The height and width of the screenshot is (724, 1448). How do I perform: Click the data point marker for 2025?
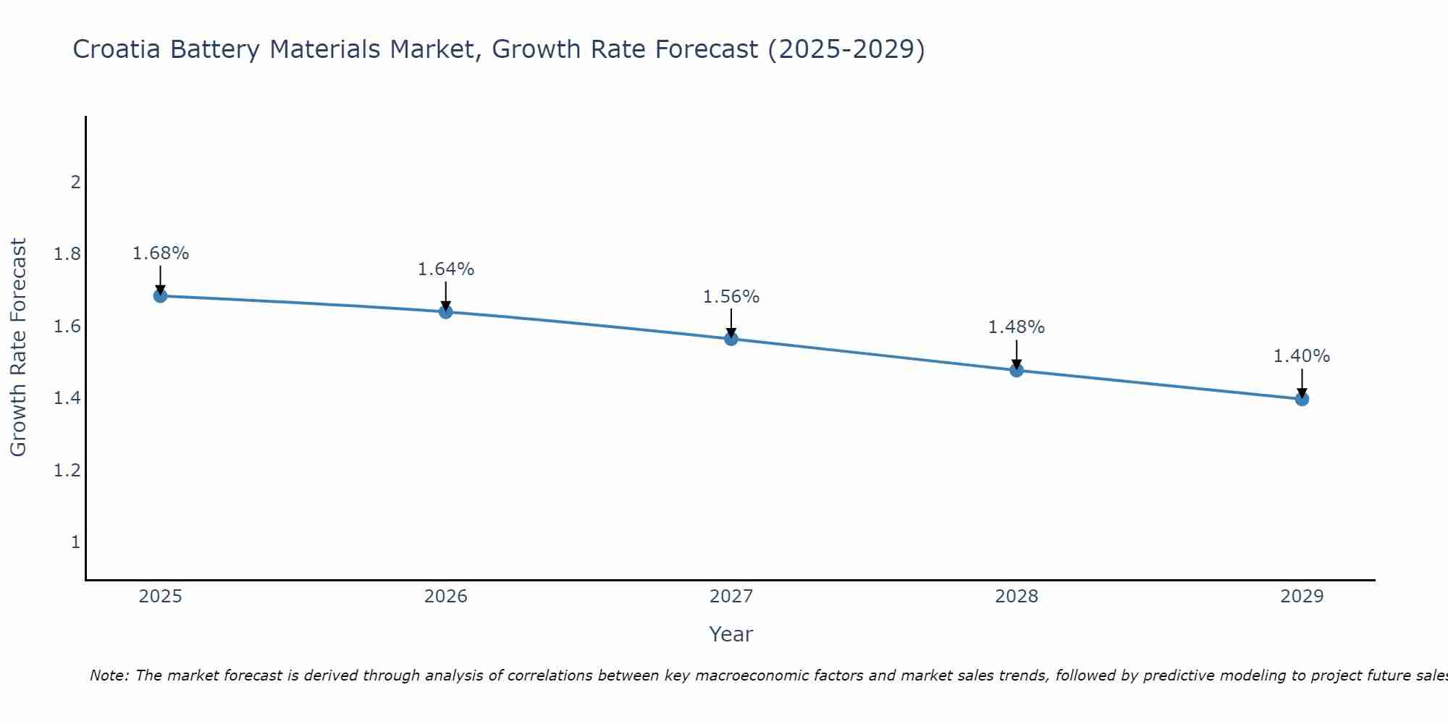[x=161, y=295]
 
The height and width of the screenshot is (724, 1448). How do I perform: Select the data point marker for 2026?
[x=446, y=311]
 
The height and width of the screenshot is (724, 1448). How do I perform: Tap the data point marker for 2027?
[x=731, y=338]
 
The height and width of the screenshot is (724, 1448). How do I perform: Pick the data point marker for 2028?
[x=1016, y=370]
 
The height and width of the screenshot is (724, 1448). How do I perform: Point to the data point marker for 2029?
[x=1302, y=399]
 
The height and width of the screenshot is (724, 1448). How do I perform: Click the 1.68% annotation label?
[x=161, y=253]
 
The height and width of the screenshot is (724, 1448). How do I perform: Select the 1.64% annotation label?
[x=446, y=269]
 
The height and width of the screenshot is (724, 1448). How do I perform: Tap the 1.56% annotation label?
[x=731, y=297]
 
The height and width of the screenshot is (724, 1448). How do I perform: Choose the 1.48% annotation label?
[x=1016, y=327]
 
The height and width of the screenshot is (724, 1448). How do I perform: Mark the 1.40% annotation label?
[x=1302, y=356]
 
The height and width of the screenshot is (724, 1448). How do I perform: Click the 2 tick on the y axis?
[x=75, y=182]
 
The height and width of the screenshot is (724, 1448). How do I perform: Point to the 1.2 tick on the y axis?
[x=67, y=471]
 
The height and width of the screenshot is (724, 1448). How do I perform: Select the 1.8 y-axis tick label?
[x=67, y=254]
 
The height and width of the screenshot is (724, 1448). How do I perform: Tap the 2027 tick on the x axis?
[x=731, y=597]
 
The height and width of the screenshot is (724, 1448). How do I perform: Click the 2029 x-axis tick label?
[x=1302, y=597]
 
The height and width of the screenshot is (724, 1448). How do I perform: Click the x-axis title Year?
[x=731, y=634]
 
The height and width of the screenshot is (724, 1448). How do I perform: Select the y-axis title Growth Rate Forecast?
[x=18, y=348]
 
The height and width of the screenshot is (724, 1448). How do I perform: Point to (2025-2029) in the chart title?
[x=846, y=49]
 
